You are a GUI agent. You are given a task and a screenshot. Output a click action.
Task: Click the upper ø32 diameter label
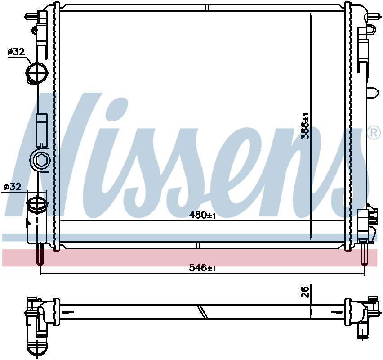pyautogui.click(x=16, y=52)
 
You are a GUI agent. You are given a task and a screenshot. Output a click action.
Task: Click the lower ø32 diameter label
pyautogui.click(x=13, y=186)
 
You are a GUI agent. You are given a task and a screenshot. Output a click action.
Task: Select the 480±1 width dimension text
pyautogui.click(x=203, y=216)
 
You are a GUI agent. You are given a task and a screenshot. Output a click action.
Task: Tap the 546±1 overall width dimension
pyautogui.click(x=203, y=268)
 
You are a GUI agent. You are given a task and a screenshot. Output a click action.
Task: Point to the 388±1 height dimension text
pyautogui.click(x=306, y=126)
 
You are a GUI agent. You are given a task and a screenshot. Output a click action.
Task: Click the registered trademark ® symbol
pyautogui.click(x=374, y=132)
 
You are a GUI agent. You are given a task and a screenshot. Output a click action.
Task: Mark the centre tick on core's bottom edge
pyautogui.click(x=197, y=245)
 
